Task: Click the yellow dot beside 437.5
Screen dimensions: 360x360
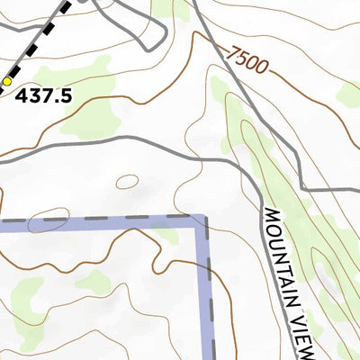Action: point(7,81)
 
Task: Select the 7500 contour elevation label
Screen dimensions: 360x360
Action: point(247,62)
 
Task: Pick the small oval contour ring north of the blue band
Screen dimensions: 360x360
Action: point(127,182)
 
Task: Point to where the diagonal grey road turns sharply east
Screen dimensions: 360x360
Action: point(305,189)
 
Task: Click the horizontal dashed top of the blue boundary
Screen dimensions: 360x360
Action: point(99,219)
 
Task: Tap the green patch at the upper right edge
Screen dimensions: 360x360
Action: point(349,93)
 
